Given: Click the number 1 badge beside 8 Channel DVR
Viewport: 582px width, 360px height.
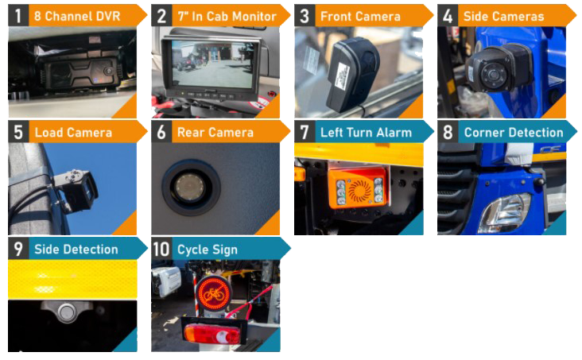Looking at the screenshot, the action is [18, 16].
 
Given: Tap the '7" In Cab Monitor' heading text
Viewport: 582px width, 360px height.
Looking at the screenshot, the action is [227, 17].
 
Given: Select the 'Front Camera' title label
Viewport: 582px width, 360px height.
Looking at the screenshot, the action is [360, 17].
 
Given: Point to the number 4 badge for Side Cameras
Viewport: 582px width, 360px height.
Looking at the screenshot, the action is [448, 16].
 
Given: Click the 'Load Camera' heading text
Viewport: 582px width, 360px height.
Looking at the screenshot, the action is [73, 133].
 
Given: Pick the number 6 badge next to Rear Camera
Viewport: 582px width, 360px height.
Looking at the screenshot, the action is [161, 132].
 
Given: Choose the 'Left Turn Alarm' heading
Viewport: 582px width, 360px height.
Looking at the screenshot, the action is [366, 133].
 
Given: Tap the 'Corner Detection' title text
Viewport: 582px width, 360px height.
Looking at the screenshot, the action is [514, 133].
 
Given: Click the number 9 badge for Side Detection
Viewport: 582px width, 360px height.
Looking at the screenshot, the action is [18, 249].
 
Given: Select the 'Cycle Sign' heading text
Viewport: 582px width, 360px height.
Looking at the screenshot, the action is [207, 250].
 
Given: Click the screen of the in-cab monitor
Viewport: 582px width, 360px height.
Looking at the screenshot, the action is [212, 64].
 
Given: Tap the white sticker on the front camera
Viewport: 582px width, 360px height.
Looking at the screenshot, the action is [341, 76].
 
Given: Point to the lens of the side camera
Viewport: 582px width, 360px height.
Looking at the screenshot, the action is [493, 75].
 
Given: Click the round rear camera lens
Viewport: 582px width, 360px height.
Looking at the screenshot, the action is [190, 185].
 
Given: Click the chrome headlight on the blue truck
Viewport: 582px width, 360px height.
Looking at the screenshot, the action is [506, 213].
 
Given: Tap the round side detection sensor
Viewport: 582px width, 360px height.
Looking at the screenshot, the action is [67, 312].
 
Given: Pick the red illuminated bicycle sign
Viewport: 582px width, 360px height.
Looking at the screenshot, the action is [214, 293].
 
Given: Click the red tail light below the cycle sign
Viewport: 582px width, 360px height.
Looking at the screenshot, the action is [212, 334].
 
